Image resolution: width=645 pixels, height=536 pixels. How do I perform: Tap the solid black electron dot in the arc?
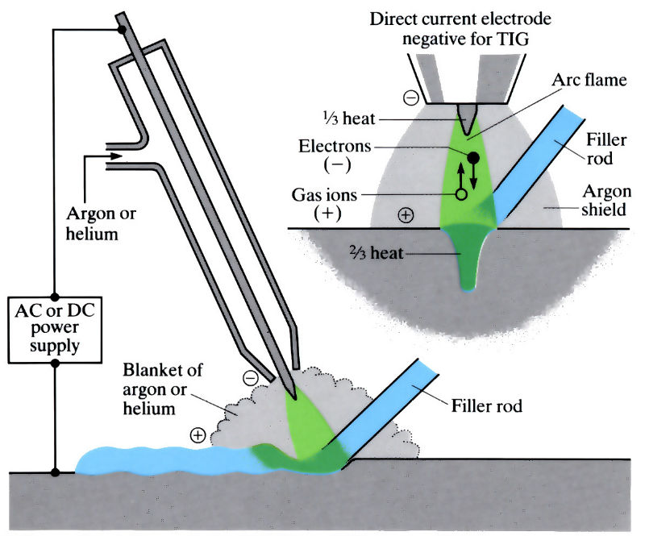click(474, 157)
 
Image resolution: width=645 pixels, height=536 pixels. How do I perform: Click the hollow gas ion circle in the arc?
click(461, 194)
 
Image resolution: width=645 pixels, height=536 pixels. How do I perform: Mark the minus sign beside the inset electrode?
click(410, 98)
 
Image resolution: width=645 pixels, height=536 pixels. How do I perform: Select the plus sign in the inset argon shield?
click(406, 214)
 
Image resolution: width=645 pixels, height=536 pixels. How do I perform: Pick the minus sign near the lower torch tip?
click(251, 377)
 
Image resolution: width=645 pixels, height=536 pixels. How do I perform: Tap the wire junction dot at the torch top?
click(122, 30)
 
